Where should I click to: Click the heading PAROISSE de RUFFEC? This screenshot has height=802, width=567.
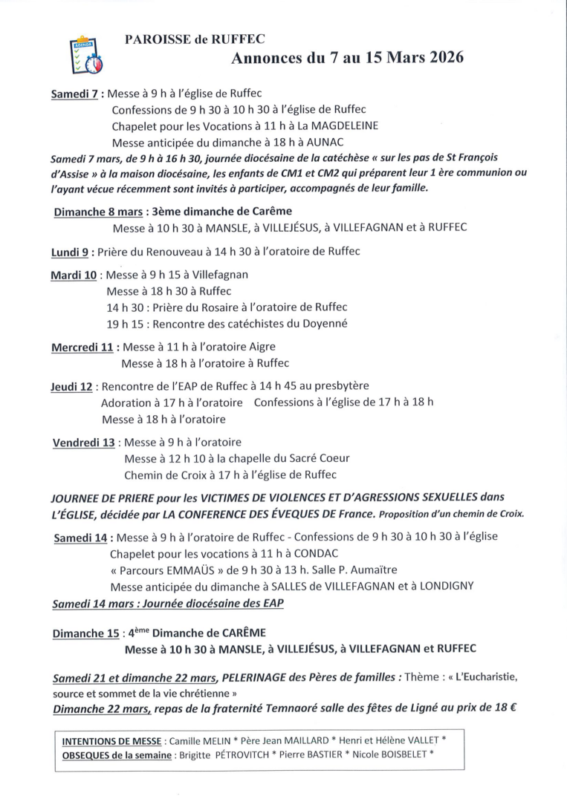coord(195,39)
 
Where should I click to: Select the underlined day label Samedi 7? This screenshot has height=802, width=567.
coord(74,95)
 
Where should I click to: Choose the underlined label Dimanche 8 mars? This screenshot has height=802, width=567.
coord(98,212)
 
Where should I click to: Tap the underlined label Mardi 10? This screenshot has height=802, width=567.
coord(74,276)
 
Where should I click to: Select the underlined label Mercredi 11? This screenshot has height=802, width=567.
coord(82,348)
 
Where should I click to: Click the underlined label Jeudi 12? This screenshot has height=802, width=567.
coord(72,387)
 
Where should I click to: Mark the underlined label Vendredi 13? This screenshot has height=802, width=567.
coord(83,443)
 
